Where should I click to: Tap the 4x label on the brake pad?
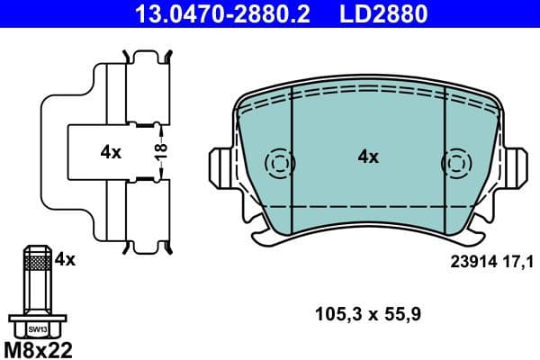[368, 157]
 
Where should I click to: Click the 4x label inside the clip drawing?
[110, 153]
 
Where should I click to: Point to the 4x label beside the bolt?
[65, 259]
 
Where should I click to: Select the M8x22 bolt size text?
[38, 347]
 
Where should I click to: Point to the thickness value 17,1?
[523, 262]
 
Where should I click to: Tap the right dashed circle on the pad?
[455, 164]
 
